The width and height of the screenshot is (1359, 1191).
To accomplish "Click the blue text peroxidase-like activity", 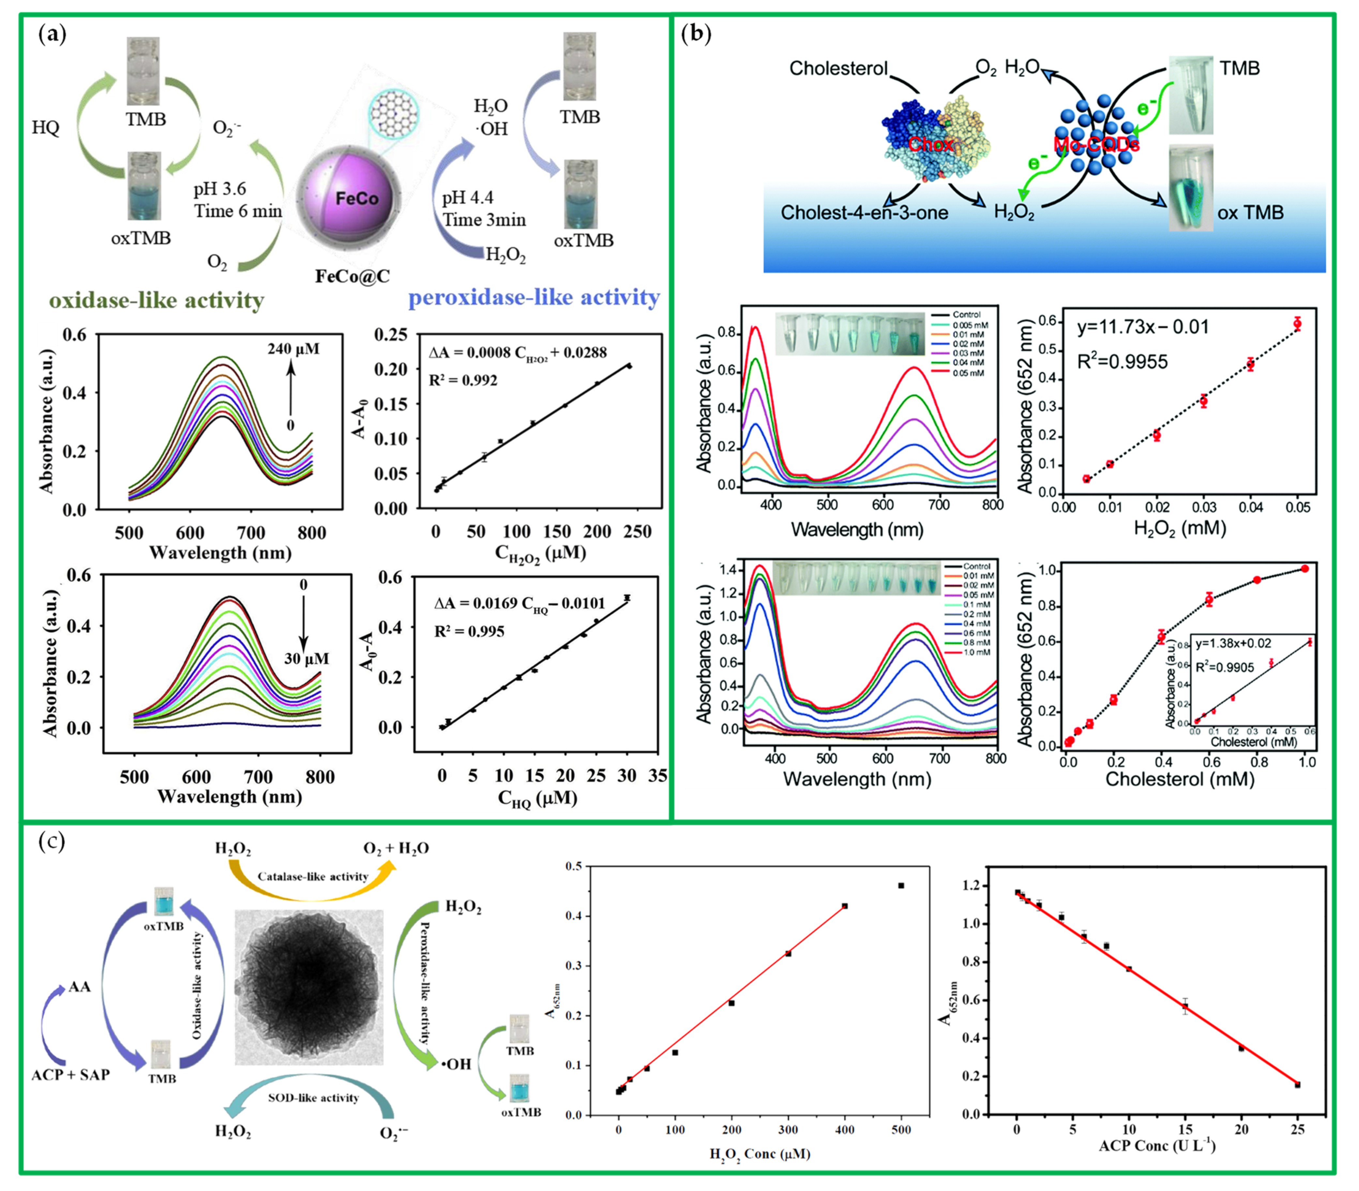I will (x=534, y=297).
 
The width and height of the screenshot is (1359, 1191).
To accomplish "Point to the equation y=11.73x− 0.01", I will (x=1142, y=327).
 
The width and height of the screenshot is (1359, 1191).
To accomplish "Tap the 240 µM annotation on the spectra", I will (x=293, y=349).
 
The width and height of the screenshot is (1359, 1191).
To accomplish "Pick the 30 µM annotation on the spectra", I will (x=307, y=659).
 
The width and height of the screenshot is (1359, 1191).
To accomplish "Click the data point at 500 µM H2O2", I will (x=901, y=885).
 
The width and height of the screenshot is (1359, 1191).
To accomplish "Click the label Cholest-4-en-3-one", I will (x=864, y=213).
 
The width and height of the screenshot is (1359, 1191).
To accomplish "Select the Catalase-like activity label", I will (x=312, y=877).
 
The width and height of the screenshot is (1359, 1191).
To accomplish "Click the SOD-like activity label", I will (x=313, y=1098).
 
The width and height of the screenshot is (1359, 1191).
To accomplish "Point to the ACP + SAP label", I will (x=70, y=1075).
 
